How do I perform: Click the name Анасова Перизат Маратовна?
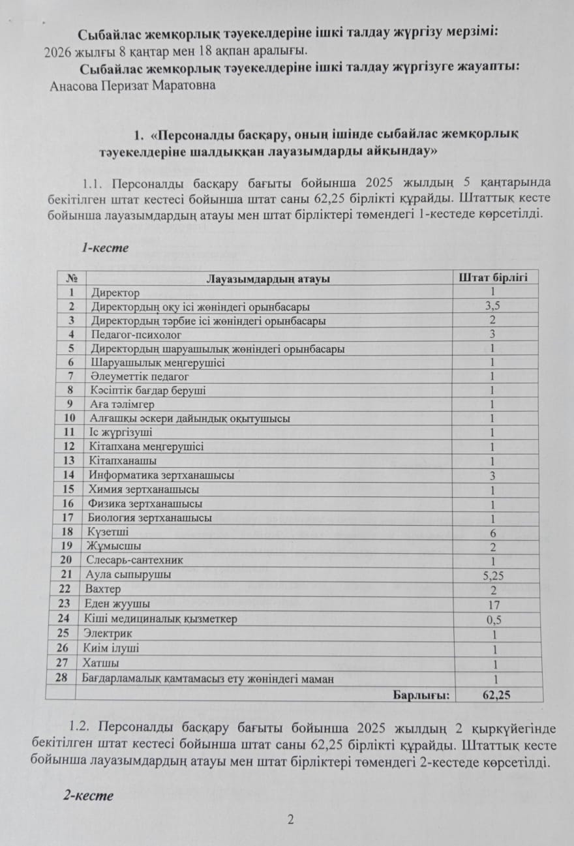(132, 85)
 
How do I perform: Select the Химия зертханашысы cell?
(143, 489)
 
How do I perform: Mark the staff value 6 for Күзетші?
(494, 533)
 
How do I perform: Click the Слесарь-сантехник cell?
(135, 560)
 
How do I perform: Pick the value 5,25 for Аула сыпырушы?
(494, 575)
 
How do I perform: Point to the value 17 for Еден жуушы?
(494, 605)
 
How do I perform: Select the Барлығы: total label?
(421, 695)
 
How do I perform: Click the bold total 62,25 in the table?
(496, 695)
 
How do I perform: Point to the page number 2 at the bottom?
(291, 820)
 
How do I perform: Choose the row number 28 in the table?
(62, 678)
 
